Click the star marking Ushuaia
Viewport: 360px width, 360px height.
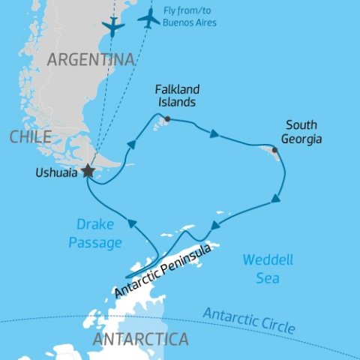click(x=88, y=171)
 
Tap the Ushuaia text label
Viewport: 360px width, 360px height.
click(x=55, y=172)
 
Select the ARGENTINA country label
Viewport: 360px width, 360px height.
click(x=91, y=60)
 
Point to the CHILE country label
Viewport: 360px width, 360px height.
click(x=31, y=136)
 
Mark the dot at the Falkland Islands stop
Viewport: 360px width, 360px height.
click(x=167, y=118)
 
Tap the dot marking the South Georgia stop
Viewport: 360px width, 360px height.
click(x=275, y=150)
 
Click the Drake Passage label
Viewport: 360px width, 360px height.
click(x=95, y=232)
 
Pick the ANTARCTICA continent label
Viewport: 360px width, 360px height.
click(x=139, y=339)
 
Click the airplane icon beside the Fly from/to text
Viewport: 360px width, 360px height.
click(x=149, y=19)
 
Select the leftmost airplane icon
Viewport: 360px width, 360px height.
click(x=112, y=27)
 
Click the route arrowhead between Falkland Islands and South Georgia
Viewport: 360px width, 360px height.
click(x=214, y=135)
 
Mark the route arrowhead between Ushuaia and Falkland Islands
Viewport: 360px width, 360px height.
click(x=131, y=144)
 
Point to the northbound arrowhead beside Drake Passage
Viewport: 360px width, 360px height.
click(x=131, y=223)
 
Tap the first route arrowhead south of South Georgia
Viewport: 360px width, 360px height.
click(x=276, y=199)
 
